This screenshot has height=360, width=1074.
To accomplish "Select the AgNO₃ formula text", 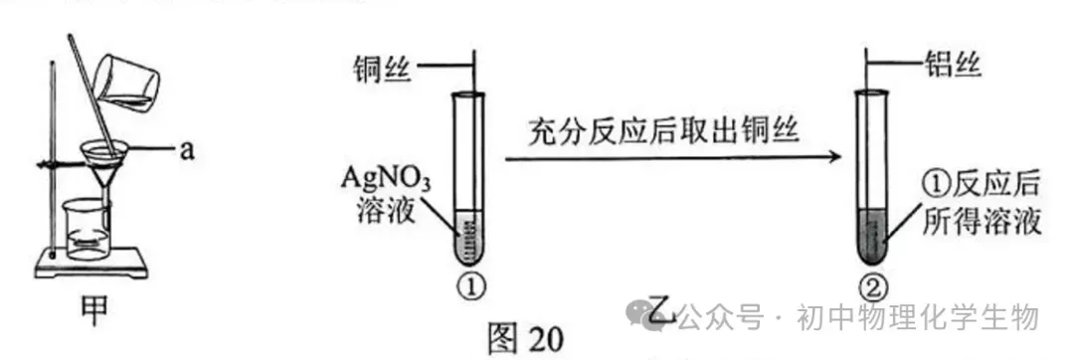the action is coord(386,182).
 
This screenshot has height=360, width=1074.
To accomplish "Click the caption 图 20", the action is coord(524,338).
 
